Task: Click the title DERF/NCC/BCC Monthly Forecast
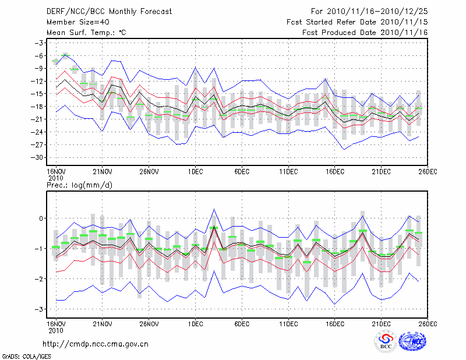coord(109,11)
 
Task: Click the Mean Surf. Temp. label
coord(86,33)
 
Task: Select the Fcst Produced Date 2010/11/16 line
coord(365,33)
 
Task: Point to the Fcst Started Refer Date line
coord(357,22)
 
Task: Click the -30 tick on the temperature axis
coord(40,157)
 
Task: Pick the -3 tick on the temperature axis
coord(41,43)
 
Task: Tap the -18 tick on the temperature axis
coord(40,107)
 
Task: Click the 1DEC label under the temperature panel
coord(195,171)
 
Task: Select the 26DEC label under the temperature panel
coord(428,171)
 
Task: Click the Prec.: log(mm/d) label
coord(79,185)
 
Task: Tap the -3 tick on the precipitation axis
coord(41,309)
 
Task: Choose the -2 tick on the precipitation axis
coord(41,279)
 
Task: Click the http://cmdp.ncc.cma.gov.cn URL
coord(96,344)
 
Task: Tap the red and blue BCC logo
coord(386,342)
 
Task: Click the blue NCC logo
coord(413,341)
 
